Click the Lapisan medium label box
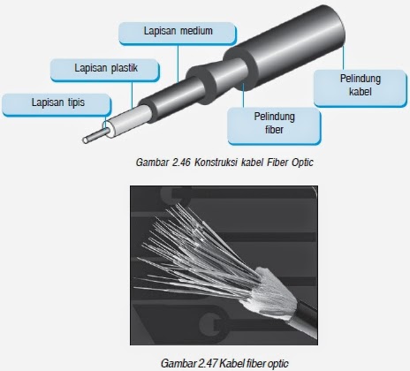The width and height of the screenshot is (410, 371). (x=178, y=34)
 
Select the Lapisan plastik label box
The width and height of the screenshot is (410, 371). (x=105, y=71)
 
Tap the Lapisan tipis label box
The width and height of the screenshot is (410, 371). (x=57, y=105)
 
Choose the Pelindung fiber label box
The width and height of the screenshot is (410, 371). (x=274, y=126)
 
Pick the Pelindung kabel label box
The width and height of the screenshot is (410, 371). (x=361, y=88)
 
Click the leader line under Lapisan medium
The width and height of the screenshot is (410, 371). (x=178, y=63)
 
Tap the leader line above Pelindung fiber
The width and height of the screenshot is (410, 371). (x=243, y=95)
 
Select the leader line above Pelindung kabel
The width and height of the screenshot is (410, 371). (x=344, y=57)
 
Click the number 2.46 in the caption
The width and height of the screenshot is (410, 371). (x=181, y=163)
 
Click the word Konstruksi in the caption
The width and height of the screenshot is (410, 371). (x=216, y=163)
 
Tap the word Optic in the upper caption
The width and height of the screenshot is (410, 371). (x=302, y=163)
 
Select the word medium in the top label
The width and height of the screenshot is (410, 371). (x=196, y=31)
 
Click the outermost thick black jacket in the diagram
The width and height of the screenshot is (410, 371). (x=292, y=47)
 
